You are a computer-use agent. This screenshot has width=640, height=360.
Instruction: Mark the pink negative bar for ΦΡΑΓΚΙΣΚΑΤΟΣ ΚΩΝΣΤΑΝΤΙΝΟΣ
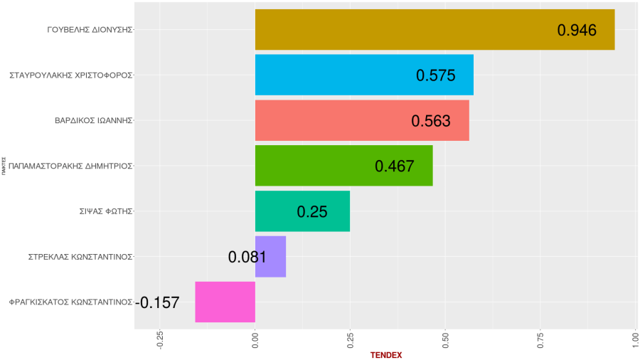point(225,302)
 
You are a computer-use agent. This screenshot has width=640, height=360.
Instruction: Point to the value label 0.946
point(577,30)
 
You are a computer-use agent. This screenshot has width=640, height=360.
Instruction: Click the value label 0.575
point(435,75)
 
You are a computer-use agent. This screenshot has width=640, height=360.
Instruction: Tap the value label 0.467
point(394,166)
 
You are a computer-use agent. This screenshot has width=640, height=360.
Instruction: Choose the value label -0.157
point(157,302)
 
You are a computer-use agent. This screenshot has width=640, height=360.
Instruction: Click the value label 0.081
point(247,257)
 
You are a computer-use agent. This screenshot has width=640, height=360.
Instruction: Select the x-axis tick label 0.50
point(445,339)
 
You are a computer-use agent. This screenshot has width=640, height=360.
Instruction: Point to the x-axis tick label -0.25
point(160,339)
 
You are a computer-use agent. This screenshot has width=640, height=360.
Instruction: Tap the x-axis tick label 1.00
point(635,339)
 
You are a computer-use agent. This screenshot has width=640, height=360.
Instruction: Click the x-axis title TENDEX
point(386,355)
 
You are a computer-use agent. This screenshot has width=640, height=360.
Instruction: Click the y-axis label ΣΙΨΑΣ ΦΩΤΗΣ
point(106,211)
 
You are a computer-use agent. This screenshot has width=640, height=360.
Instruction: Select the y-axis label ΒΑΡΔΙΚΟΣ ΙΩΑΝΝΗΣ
point(94,120)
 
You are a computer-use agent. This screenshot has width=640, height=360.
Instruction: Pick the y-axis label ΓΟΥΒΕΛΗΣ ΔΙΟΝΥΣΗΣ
point(90,30)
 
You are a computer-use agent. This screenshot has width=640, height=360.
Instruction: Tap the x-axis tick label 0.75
point(540,339)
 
